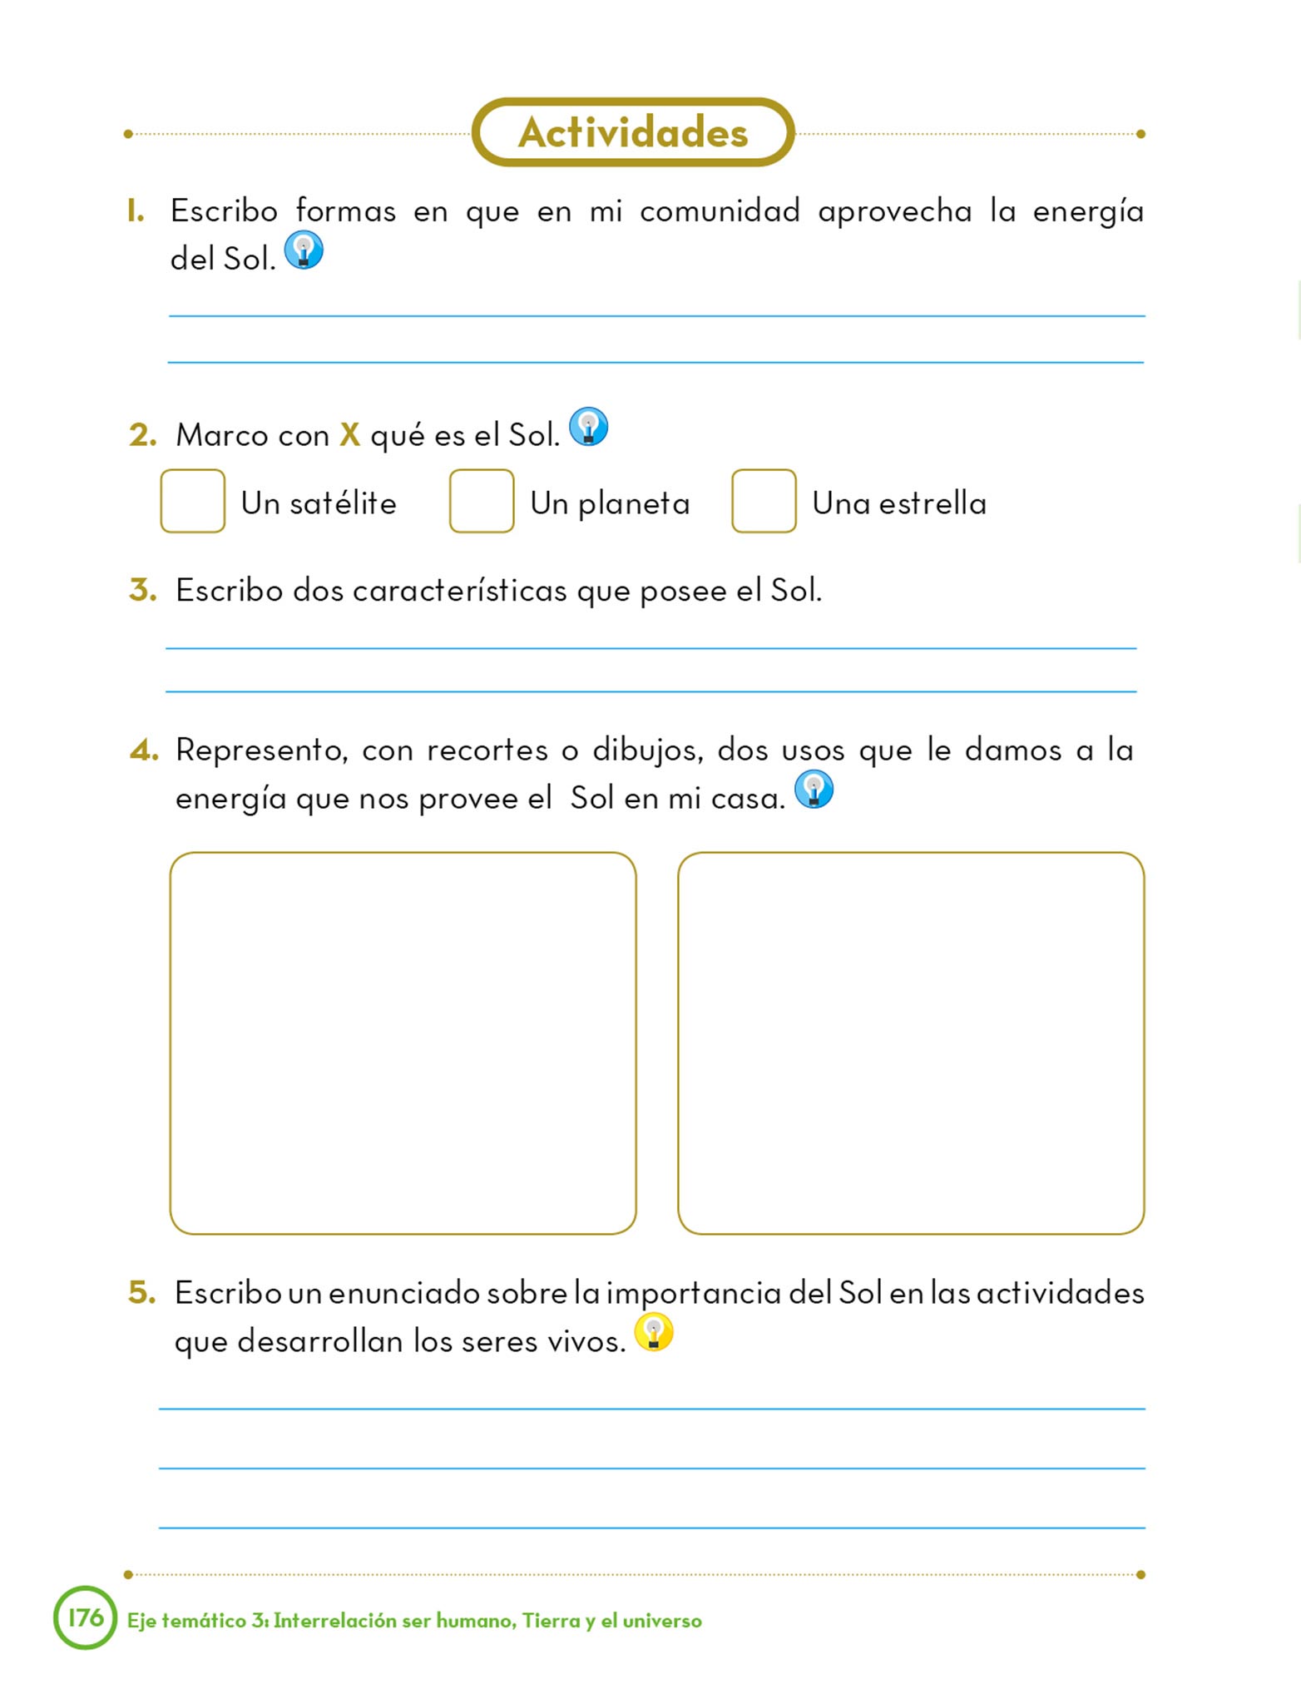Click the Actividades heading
[x=633, y=132]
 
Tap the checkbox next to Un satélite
[x=192, y=501]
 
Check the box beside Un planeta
[x=481, y=501]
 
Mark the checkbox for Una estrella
[x=764, y=501]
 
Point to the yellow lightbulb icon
[x=654, y=1332]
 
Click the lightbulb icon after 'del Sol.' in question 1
[x=304, y=250]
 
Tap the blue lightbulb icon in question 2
[x=588, y=427]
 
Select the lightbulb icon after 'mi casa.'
[x=814, y=789]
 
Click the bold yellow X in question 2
[x=350, y=435]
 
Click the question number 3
[x=142, y=590]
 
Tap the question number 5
[x=141, y=1292]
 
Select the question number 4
[x=143, y=750]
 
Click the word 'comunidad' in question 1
[x=720, y=211]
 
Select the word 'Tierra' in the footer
[x=551, y=1621]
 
